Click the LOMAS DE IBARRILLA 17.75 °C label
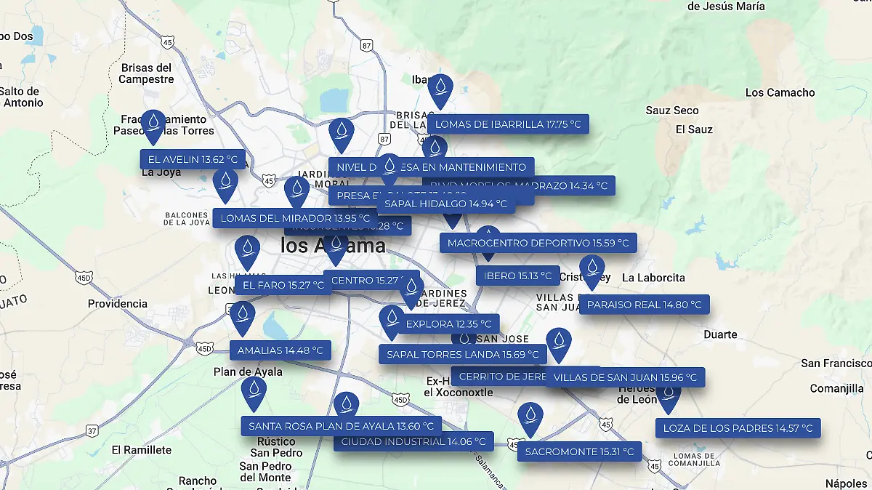pos(508,124)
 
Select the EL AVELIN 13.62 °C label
pos(193,159)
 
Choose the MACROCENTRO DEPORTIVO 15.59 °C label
pos(538,243)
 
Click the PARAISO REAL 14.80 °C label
pos(644,305)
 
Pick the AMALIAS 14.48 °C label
pos(280,350)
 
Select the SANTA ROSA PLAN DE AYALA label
pos(341,426)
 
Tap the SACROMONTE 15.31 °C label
pos(579,451)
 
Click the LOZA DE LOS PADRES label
pos(738,428)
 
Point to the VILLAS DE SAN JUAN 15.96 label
pos(625,377)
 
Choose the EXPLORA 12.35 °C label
pos(449,324)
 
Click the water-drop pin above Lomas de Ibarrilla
pos(440,89)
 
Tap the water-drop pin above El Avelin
pos(153,125)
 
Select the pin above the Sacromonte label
pos(531,417)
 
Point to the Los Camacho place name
pos(780,92)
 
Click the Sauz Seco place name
pos(672,111)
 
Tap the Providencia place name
pos(118,304)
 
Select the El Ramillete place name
pos(142,450)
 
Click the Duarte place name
pos(720,335)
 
